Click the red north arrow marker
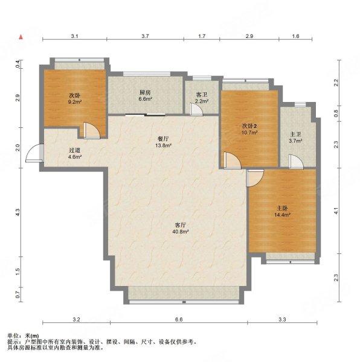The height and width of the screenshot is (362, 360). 21,37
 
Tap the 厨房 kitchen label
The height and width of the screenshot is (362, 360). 145,92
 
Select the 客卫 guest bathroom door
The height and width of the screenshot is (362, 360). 196,109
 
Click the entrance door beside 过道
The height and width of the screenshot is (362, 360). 34,153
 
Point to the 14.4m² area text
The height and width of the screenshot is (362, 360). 282,215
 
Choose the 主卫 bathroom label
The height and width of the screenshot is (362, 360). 295,134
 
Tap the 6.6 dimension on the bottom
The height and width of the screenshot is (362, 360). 179,320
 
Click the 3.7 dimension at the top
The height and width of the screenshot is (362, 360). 145,36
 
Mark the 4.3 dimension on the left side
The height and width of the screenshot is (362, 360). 18,212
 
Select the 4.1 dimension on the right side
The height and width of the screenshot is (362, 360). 336,211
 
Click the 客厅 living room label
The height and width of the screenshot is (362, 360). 180,225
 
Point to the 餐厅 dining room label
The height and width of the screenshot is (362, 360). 163,139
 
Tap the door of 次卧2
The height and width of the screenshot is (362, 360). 232,160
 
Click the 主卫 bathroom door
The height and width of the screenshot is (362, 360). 296,161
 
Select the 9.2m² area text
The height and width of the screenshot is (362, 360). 75,101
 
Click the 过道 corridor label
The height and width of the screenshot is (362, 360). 75,150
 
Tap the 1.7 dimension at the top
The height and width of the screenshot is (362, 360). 202,36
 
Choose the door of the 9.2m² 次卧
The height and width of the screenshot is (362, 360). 91,130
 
